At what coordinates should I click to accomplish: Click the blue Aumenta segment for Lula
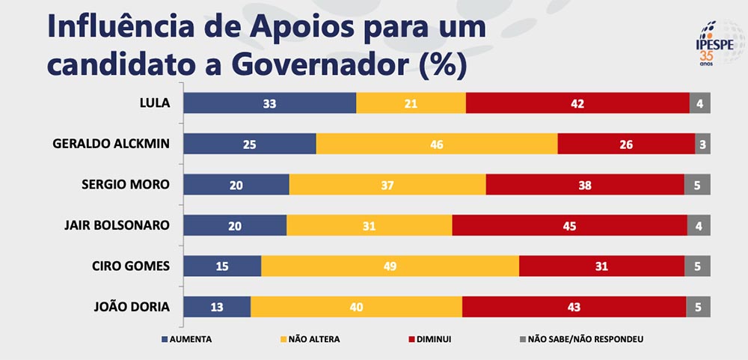click(269, 103)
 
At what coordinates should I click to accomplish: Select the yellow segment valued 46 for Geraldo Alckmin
click(437, 144)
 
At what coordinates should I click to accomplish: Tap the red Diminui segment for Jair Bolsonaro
click(569, 225)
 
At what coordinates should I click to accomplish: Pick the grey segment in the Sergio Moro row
click(697, 185)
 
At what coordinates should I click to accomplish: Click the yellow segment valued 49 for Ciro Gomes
click(390, 266)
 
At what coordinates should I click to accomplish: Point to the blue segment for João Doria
click(217, 306)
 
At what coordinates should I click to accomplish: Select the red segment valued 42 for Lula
click(577, 103)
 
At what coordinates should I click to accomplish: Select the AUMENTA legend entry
click(186, 339)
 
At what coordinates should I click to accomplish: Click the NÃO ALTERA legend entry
click(308, 339)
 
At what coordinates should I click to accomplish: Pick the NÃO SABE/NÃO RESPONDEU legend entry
click(580, 339)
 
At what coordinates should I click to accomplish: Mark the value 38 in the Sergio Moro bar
click(585, 185)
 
